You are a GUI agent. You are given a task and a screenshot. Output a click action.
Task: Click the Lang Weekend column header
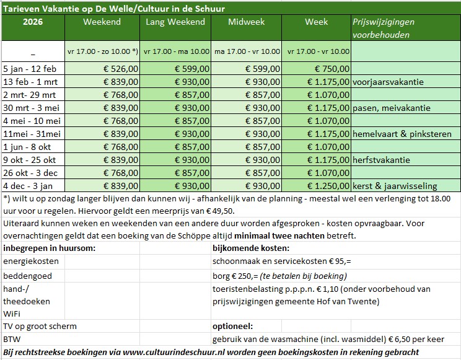tap(175, 22)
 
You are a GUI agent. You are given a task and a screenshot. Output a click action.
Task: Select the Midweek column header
tap(246, 22)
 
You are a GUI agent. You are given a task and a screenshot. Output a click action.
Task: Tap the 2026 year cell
tap(32, 22)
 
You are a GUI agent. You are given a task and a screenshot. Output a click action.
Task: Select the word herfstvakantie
tap(380, 160)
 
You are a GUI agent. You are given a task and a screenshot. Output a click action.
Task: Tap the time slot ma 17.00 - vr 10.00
tap(246, 51)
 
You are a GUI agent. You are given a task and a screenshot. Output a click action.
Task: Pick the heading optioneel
tap(233, 327)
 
